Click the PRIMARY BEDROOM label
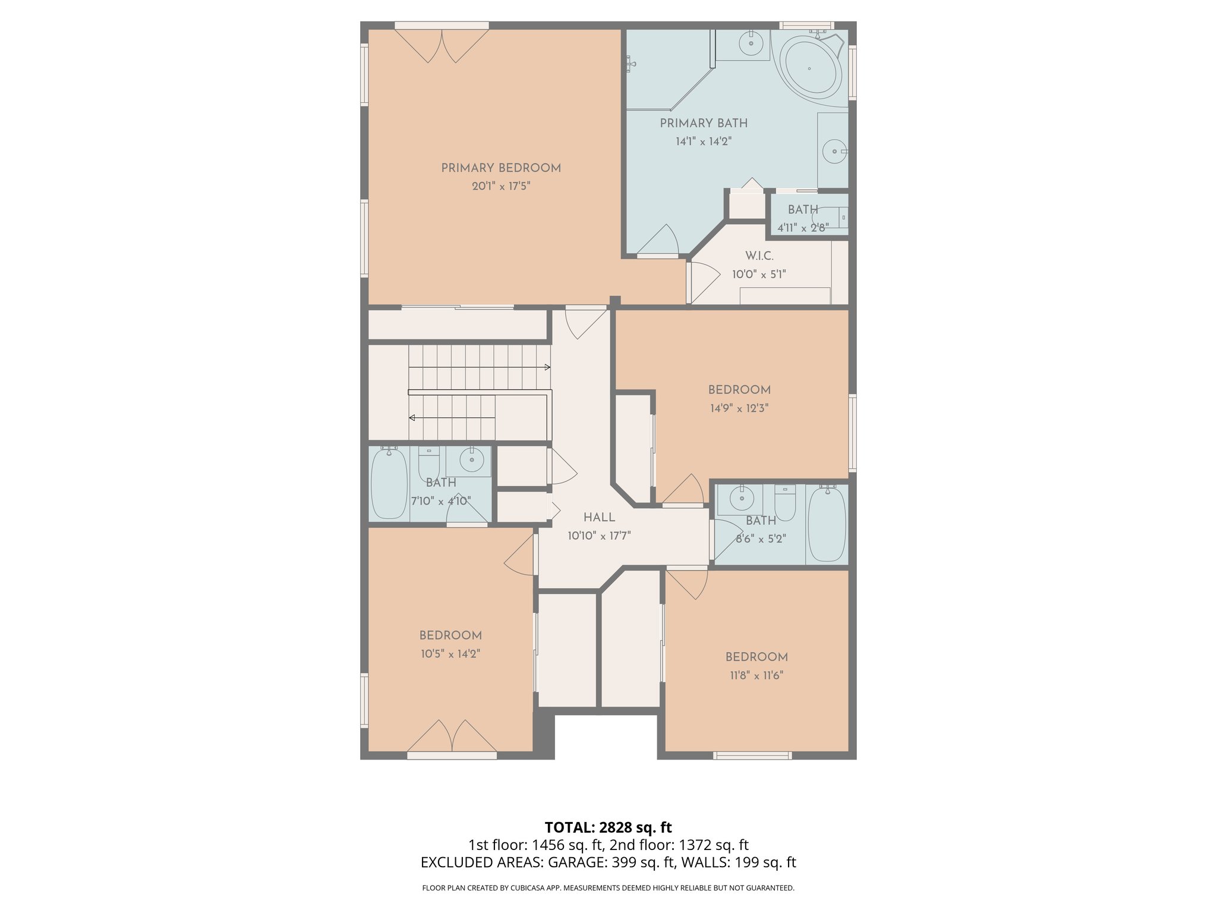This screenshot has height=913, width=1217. tap(500, 168)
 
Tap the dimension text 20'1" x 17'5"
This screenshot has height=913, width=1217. tap(500, 187)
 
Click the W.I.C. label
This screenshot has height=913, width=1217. tap(759, 256)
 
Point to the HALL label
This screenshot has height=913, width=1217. tap(598, 518)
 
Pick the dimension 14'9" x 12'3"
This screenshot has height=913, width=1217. tap(739, 408)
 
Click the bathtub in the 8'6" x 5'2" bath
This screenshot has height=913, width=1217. tap(827, 524)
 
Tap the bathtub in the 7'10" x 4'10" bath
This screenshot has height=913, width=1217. tap(389, 484)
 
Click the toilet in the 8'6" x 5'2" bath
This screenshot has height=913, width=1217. tap(784, 502)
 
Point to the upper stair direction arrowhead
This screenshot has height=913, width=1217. tap(547, 367)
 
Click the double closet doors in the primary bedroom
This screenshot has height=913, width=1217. tap(442, 46)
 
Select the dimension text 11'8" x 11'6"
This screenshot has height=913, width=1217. tap(756, 676)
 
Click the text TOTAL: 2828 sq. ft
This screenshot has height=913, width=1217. tap(608, 827)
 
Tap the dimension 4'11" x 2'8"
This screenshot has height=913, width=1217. tap(802, 228)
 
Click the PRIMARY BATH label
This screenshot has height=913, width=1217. tap(703, 124)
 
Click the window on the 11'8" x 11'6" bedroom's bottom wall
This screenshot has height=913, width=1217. tap(752, 755)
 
